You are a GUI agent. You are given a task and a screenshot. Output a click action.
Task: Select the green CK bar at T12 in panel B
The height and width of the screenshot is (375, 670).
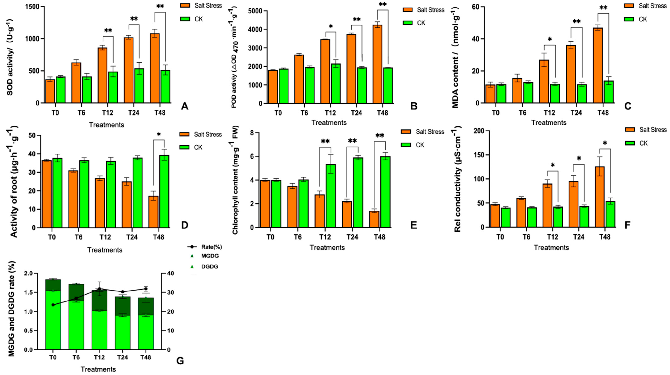coord(335,84)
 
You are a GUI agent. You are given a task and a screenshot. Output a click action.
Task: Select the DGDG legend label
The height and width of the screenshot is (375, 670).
coord(209,267)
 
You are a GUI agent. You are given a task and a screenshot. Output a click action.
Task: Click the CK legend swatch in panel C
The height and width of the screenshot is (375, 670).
coord(629,19)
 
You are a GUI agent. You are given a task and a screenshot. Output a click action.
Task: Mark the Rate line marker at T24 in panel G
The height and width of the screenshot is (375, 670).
coord(122,292)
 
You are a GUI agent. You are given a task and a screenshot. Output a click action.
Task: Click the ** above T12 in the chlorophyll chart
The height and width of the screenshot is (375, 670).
coord(325,141)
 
